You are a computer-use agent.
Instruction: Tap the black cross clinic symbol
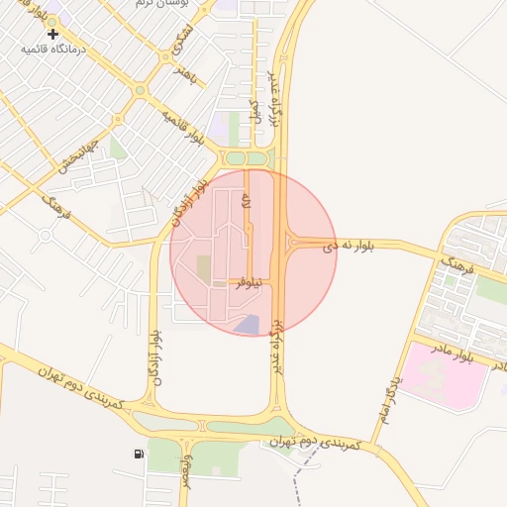[x=52, y=35]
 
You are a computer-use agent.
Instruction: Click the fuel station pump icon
[x=137, y=454]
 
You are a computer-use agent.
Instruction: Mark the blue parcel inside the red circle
[x=247, y=324]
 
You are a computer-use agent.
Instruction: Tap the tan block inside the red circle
[x=204, y=267]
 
